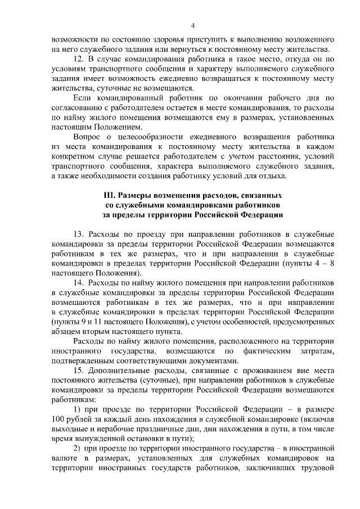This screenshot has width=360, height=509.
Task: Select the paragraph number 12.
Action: [79, 58]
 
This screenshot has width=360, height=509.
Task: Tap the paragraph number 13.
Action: [79, 233]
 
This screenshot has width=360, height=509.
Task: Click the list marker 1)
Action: [79, 409]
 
